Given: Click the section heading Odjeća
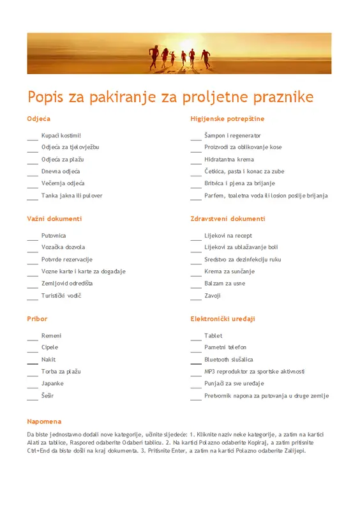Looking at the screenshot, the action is tap(39, 119).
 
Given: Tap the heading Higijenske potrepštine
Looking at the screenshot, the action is tap(227, 119).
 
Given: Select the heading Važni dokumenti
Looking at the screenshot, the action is tap(54, 218).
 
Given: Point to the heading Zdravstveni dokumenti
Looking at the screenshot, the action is tap(227, 218).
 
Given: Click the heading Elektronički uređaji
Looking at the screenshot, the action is tap(223, 319).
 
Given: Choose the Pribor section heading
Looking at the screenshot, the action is tap(37, 319).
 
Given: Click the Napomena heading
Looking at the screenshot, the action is tap(44, 422).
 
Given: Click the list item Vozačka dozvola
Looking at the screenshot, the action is tap(63, 247).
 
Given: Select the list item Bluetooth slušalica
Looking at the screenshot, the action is tap(229, 360).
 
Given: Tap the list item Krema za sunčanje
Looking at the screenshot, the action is tap(229, 271).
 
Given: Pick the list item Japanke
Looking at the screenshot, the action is tap(52, 383).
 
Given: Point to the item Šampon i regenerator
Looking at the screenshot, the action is tap(232, 135).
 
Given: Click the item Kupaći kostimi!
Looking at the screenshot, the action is tap(61, 135).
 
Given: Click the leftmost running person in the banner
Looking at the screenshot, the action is tap(153, 56).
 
